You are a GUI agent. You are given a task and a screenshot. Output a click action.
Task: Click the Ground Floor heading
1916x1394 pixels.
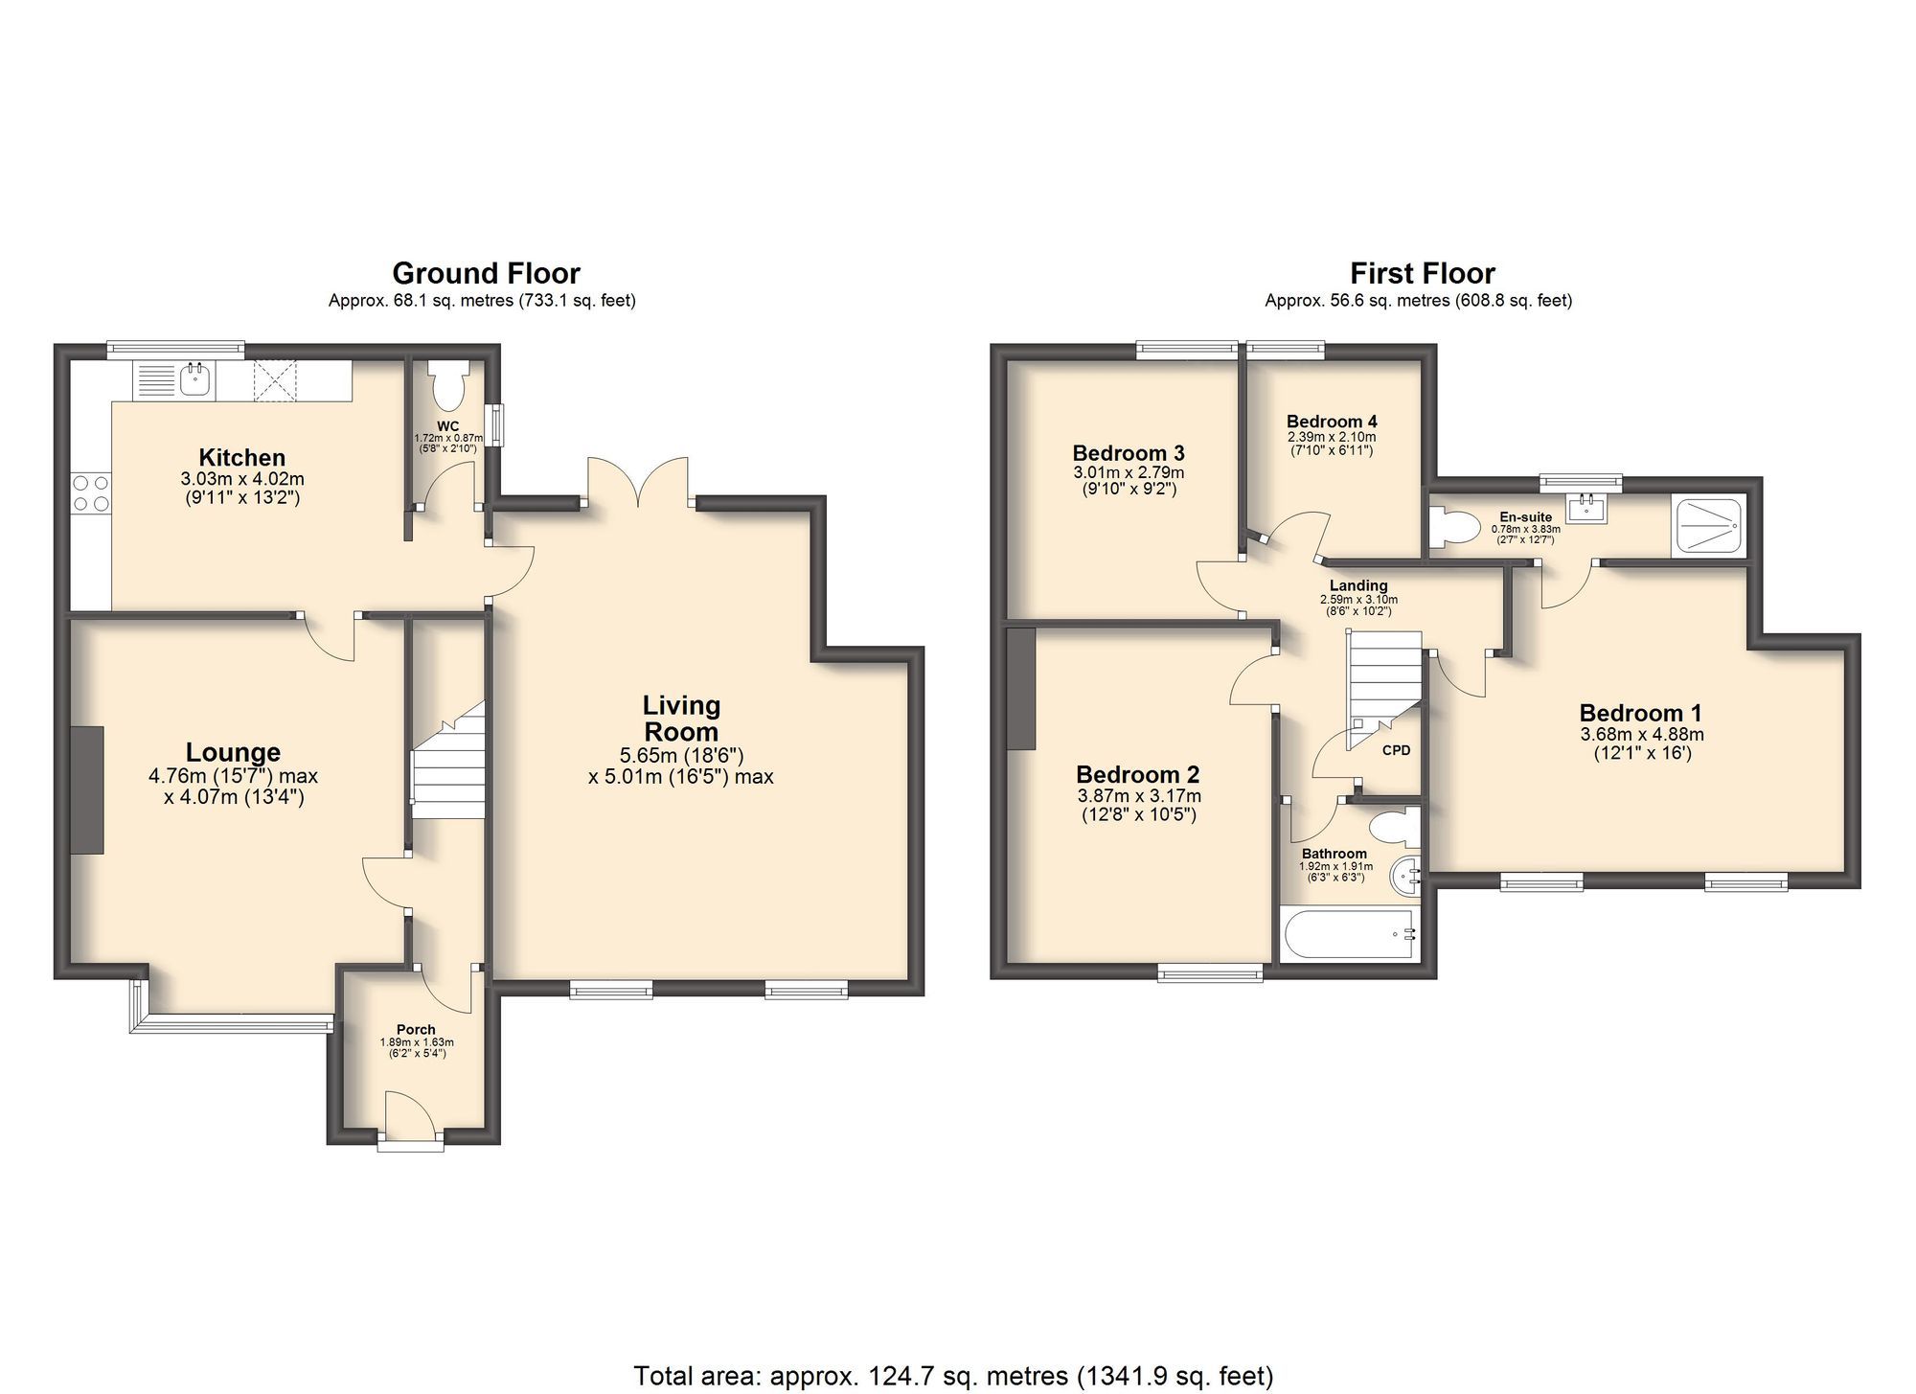click(486, 274)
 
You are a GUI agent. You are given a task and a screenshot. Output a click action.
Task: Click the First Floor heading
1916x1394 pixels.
click(1422, 274)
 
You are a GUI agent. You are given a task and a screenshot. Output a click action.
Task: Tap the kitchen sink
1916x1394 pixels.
click(197, 380)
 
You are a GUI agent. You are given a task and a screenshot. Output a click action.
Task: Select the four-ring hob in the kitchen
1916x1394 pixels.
click(91, 493)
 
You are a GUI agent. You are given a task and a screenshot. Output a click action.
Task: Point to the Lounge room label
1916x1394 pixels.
click(233, 753)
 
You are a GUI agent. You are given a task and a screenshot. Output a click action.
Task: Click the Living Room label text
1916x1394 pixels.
click(681, 719)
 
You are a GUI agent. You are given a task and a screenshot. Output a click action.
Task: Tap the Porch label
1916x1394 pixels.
click(416, 1030)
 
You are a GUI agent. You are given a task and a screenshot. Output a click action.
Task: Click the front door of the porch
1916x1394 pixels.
click(409, 1116)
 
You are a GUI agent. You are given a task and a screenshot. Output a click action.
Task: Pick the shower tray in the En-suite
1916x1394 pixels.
click(1709, 524)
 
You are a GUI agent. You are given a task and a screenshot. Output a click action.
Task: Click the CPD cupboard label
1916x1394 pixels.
click(1396, 750)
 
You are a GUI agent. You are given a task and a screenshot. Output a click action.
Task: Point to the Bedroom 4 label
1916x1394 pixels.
click(1332, 422)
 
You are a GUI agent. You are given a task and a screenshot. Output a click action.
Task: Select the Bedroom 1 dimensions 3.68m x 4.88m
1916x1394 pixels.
click(1641, 735)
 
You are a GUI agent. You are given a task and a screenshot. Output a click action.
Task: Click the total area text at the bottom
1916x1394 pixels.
click(953, 1376)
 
